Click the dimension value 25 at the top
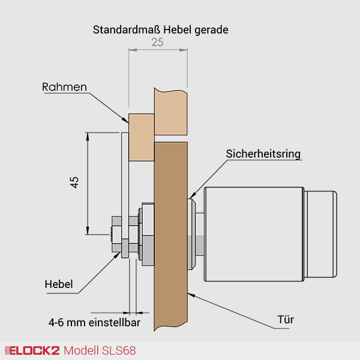click(157, 43)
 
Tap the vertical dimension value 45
click(75, 183)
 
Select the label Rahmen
click(64, 87)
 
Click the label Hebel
click(59, 284)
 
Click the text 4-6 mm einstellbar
click(94, 322)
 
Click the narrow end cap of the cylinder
click(321, 234)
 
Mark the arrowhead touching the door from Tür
click(190, 293)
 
